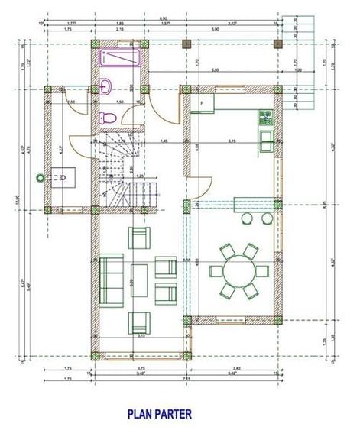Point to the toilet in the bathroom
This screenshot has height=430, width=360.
tap(109, 118)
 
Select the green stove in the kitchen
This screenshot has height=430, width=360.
tap(264, 116)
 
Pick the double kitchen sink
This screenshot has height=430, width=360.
tap(265, 140)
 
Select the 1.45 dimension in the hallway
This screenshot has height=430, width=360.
tap(164, 141)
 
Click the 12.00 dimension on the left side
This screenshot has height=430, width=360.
tap(14, 200)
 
